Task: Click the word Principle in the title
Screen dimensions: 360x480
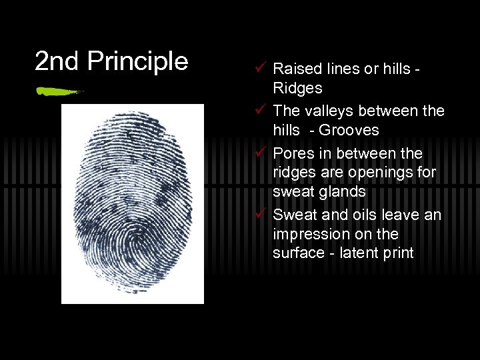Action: point(138,61)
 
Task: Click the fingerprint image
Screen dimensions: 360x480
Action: point(132,203)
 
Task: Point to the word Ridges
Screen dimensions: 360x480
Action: point(297,88)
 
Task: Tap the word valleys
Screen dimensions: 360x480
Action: point(325,110)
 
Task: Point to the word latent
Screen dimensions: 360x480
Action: point(360,253)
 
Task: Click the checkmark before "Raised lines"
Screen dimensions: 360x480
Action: point(260,67)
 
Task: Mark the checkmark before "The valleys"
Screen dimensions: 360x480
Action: point(260,109)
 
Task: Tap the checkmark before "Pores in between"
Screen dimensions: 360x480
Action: point(260,153)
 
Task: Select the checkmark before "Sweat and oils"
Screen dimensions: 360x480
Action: point(260,214)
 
